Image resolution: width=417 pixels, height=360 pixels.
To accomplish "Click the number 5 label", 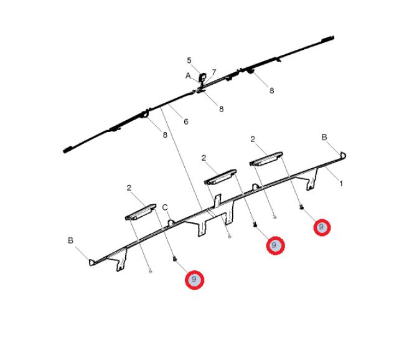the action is pos(189,60).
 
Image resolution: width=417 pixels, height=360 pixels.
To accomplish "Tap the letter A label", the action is pos(188,76).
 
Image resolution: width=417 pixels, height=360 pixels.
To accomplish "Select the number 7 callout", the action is pos(214,72).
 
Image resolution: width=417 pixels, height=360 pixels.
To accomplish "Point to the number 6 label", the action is pos(186,121).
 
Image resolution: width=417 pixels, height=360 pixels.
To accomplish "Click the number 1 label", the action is pos(341,183).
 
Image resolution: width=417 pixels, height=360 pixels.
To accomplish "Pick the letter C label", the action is pos(165,207).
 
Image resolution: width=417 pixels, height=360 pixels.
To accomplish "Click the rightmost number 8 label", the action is pos(271,91).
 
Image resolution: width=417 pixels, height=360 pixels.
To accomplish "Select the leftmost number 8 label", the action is pos(165,135).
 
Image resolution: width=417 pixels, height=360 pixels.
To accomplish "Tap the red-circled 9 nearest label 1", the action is pos(322,227).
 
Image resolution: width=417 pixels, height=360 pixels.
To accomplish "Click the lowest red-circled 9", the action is pos(194,280).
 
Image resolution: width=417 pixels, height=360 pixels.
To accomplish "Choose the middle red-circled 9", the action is pos(275,245).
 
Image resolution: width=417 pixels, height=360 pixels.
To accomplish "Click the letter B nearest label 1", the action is pos(324,137).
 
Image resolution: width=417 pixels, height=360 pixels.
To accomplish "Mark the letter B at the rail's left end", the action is pos(70,240).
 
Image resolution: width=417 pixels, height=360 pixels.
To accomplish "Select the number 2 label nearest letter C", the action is pos(129,188).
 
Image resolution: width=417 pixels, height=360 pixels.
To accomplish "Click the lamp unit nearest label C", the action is pos(141,212).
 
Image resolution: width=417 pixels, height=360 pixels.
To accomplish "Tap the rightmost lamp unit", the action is pos(266,159).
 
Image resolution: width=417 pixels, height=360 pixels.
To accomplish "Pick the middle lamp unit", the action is pos(220,177).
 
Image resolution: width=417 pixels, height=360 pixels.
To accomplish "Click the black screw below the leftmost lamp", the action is pos(175,258).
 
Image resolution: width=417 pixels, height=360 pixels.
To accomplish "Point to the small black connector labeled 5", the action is pos(202,77).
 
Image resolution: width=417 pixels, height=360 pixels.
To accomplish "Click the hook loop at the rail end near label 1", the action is pos(343,154).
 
